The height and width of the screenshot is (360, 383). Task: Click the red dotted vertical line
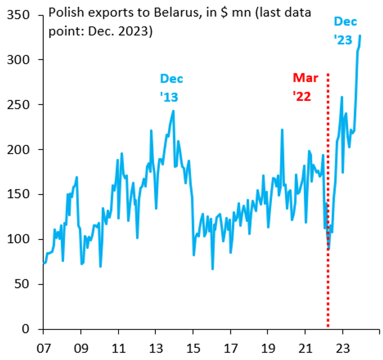tap(328, 207)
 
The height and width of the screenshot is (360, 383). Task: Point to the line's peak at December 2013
tap(173, 111)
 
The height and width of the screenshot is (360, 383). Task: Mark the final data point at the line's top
tap(360, 36)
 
